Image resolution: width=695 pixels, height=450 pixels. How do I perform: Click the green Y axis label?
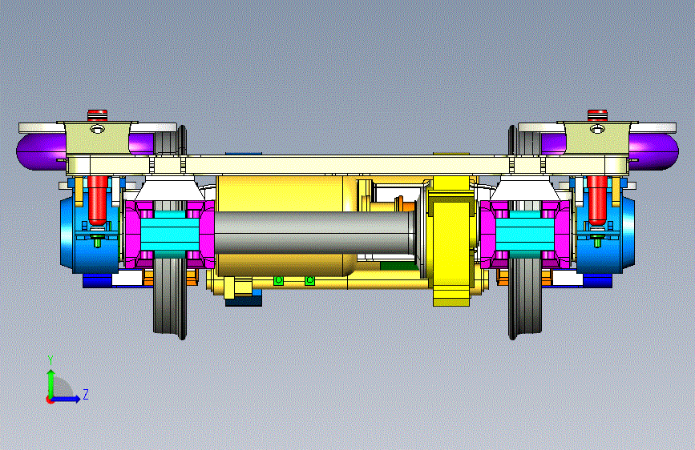(x=51, y=360)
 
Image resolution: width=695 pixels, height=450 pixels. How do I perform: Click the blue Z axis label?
(x=86, y=394)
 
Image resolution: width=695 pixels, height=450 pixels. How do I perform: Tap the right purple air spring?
(x=654, y=151)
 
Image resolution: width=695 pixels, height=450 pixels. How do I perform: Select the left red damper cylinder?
(x=98, y=199)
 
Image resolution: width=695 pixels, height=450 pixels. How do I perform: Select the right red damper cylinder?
(x=597, y=199)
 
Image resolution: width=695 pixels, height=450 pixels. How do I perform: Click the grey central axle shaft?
(x=315, y=232)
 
